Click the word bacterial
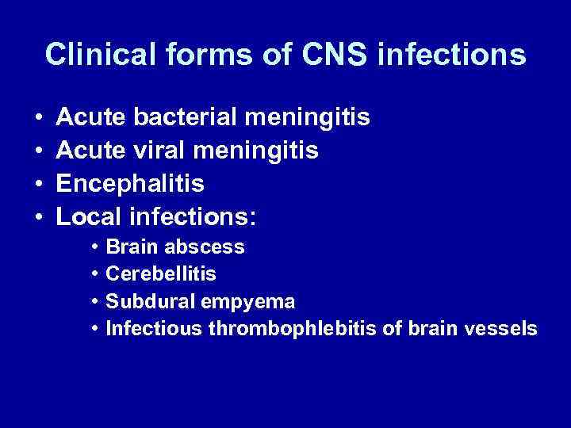pyautogui.click(x=187, y=118)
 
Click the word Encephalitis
pyautogui.click(x=131, y=184)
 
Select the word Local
pyautogui.click(x=91, y=216)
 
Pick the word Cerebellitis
pyautogui.click(x=161, y=273)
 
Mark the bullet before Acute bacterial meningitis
pyautogui.click(x=40, y=119)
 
